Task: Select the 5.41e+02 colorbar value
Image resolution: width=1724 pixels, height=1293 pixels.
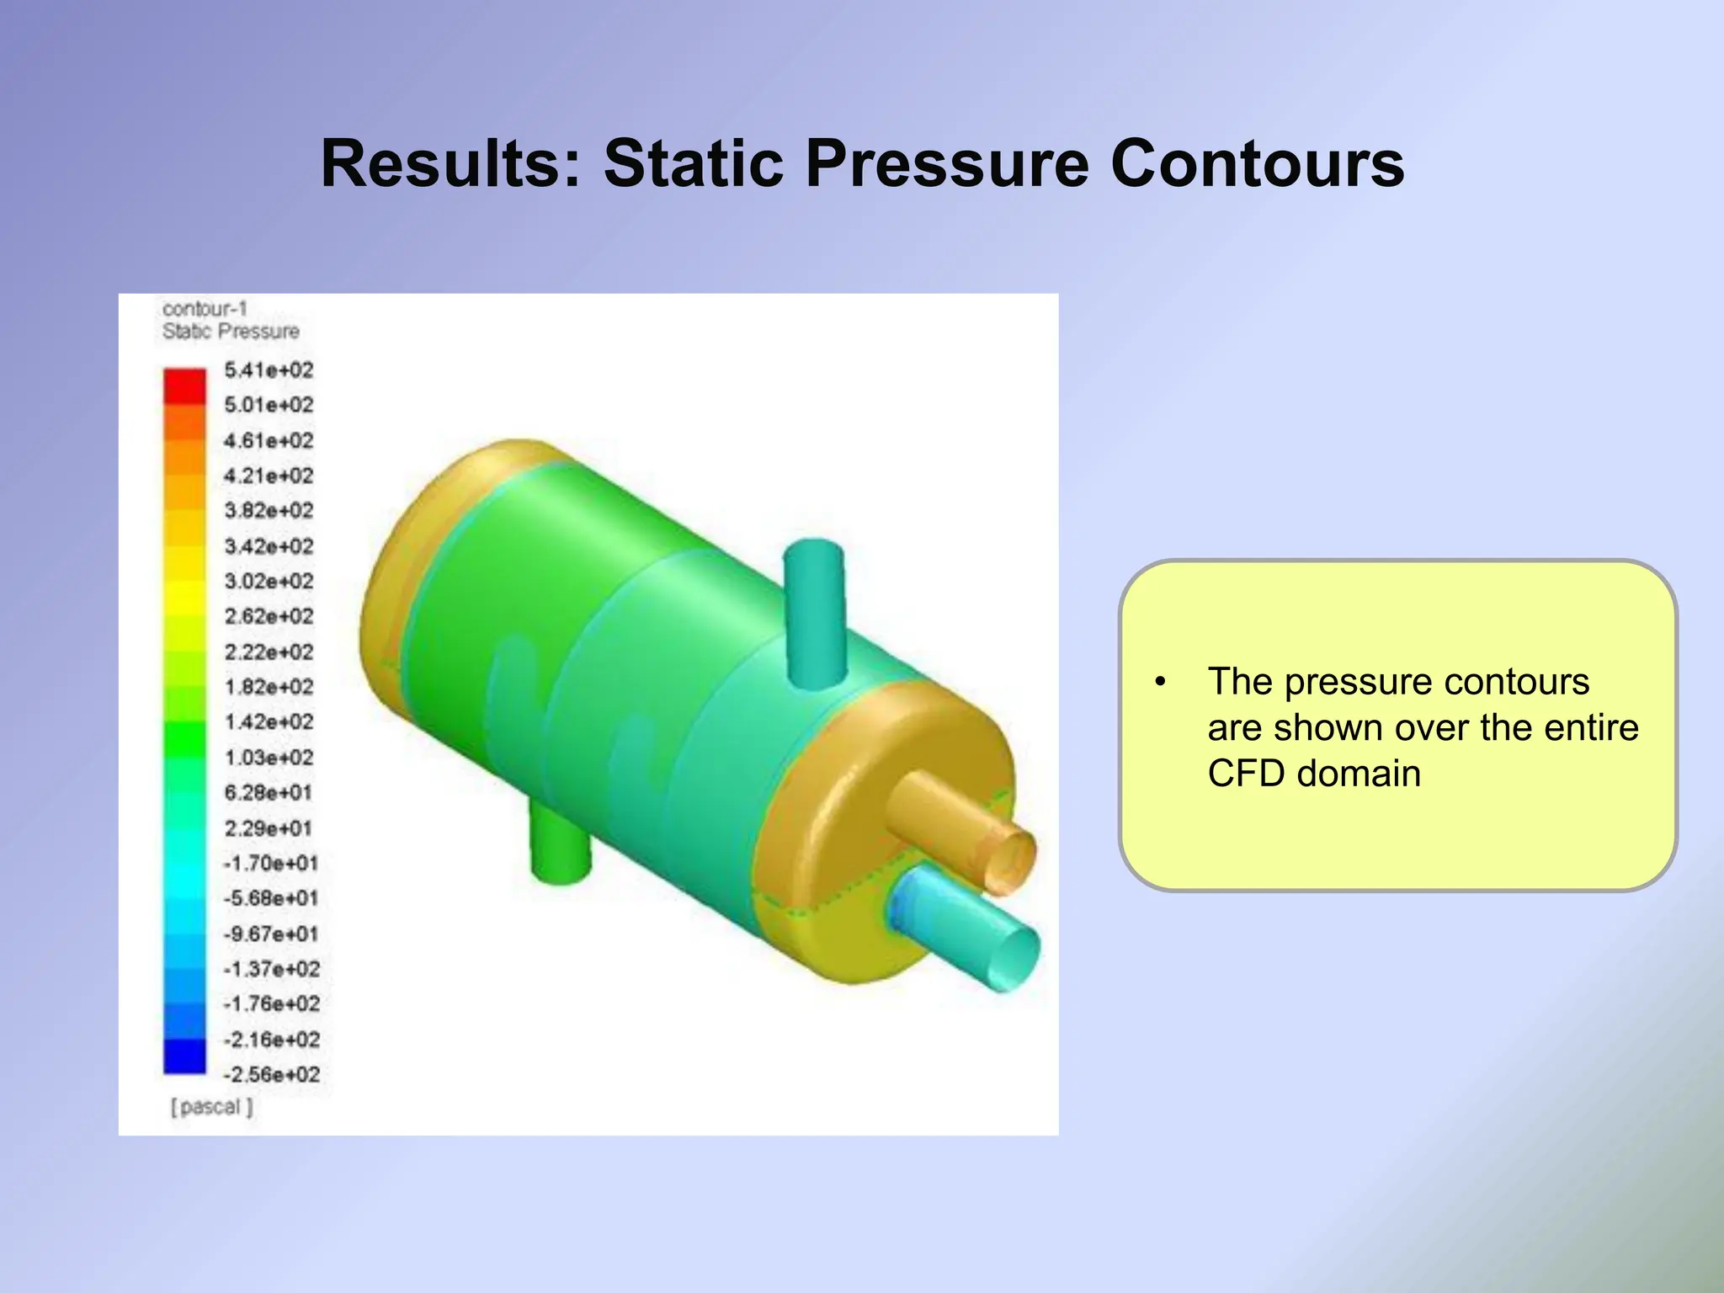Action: click(269, 370)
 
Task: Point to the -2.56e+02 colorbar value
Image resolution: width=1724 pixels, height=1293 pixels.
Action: click(271, 1075)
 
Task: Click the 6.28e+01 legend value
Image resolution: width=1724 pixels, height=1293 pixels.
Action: click(268, 793)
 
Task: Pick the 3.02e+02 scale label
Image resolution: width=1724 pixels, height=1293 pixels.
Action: click(269, 582)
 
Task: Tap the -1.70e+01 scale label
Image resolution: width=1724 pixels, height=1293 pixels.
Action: click(270, 864)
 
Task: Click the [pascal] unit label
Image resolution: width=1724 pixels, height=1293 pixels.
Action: click(211, 1107)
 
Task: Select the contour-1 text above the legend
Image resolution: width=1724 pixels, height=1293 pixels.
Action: click(205, 309)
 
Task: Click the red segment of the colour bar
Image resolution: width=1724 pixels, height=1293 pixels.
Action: click(184, 386)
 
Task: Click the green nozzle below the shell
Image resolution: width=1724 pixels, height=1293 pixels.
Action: click(560, 842)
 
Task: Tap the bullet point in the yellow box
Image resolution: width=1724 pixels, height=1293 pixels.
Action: click(1160, 682)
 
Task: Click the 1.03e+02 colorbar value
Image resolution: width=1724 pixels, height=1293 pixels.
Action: click(269, 758)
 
